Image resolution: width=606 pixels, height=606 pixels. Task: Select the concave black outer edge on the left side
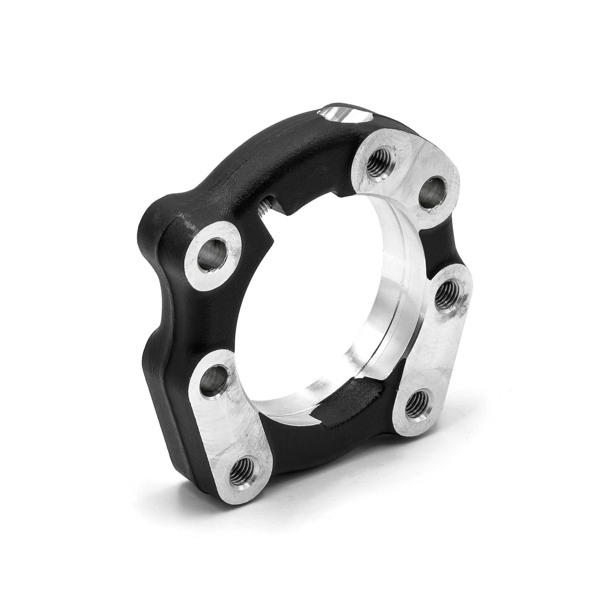[158, 323]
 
